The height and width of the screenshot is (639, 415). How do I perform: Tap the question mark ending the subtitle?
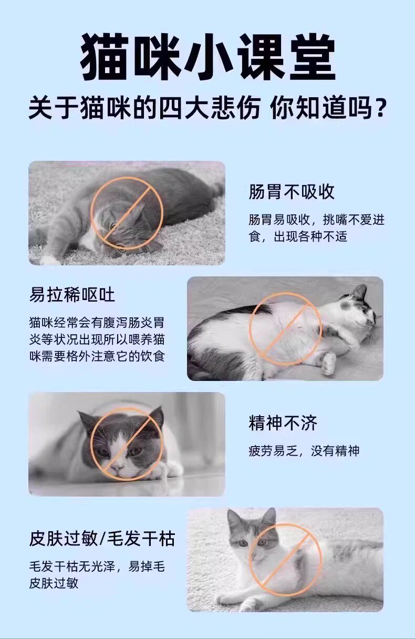pos(380,108)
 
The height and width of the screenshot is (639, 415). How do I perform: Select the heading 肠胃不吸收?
pos(291,192)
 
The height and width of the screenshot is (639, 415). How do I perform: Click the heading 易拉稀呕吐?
pos(72,295)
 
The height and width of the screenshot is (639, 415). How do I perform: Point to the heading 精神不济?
pos(283,423)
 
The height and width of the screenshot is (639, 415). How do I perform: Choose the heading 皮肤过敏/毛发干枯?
pos(102,539)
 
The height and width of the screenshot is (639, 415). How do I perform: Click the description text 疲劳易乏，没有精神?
pos(304,451)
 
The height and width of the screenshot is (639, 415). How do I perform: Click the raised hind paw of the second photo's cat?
pos(328,363)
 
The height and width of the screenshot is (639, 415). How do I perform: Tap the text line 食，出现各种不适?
pos(298,236)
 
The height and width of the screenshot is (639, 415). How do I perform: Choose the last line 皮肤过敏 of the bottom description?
pos(54,583)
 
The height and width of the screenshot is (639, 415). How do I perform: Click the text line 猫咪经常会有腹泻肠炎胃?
pos(97,323)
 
